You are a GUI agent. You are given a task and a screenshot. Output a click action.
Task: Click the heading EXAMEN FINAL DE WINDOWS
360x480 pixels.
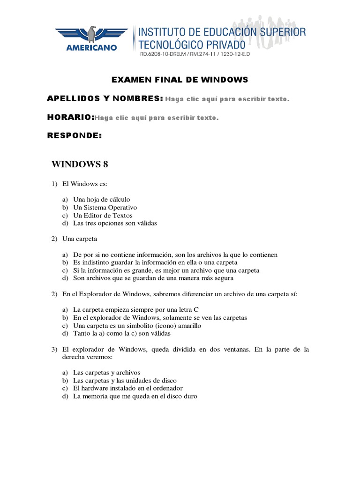coord(180,80)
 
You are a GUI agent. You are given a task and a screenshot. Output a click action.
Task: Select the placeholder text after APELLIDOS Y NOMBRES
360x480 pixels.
coord(227,99)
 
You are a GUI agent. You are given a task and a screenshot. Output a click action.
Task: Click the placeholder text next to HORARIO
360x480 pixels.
coord(157,118)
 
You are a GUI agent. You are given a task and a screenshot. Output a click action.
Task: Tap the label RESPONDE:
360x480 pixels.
coord(75,136)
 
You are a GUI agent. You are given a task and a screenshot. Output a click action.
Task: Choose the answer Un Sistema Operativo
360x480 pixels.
coord(105,207)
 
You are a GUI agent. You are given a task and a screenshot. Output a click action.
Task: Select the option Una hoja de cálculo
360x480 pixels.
coord(102,199)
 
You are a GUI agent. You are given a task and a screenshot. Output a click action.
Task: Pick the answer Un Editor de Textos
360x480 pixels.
coord(103,215)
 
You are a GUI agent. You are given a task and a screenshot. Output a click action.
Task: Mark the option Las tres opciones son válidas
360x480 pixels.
coord(115,223)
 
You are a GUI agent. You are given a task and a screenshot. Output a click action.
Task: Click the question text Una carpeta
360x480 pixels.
coord(80,239)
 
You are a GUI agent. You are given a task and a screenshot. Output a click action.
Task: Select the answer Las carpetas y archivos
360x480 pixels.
coord(107,373)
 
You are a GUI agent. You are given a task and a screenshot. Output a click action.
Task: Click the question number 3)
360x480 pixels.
coord(55,349)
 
